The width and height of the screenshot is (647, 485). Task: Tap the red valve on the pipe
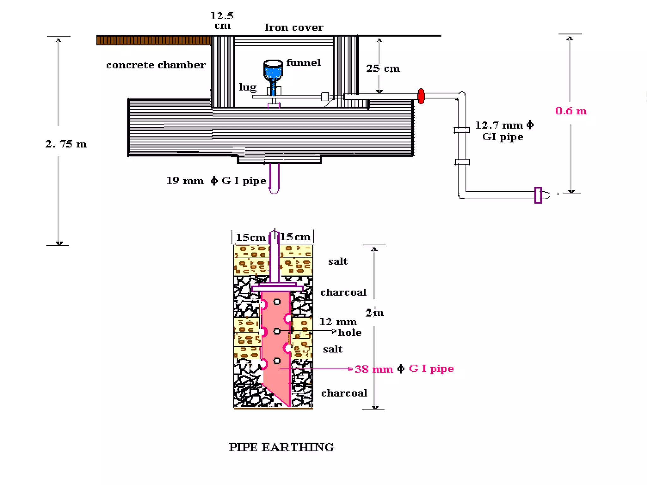point(421,96)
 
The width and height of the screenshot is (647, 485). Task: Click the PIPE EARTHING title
point(281,447)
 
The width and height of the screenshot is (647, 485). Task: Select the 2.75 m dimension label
point(66,144)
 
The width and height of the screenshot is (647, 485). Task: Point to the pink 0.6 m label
point(571,111)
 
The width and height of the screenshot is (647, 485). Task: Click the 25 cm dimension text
point(383,68)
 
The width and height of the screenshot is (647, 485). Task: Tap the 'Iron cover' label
point(294,27)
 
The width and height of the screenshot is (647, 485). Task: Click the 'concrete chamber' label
point(156,65)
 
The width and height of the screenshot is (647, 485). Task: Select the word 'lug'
point(247,87)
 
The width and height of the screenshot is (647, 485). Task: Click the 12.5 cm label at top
point(222,20)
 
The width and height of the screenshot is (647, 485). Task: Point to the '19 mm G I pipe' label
point(216,181)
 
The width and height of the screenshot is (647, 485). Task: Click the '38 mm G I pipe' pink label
point(404,369)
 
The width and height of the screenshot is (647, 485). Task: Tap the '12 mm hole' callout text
point(341,327)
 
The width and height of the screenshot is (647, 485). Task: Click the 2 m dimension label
point(374,313)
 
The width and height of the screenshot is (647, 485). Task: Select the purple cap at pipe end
point(538,195)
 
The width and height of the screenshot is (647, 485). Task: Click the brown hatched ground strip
point(154,40)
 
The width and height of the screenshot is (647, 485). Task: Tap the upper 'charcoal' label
point(343,292)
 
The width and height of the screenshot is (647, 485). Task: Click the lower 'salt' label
point(333,349)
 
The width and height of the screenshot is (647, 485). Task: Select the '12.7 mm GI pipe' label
point(504,131)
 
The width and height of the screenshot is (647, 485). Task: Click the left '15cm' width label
point(251,237)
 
